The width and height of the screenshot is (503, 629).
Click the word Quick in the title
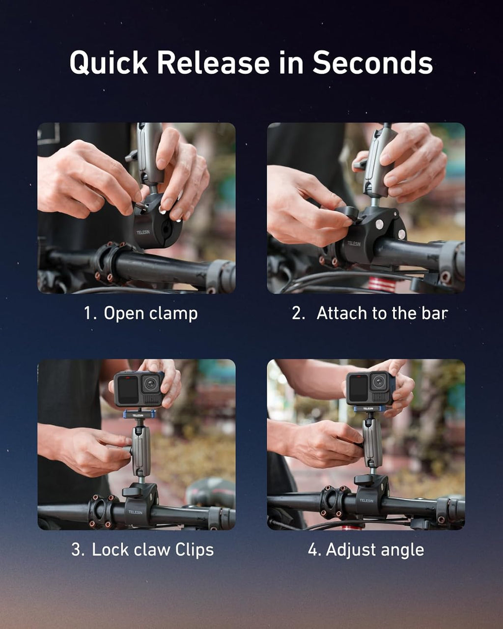pos(108,63)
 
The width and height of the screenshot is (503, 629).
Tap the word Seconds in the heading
pos(372,63)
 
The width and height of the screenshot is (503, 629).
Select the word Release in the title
pos(213,63)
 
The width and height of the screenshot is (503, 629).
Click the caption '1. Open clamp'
pos(141,313)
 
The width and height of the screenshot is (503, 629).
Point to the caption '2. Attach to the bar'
pos(369,313)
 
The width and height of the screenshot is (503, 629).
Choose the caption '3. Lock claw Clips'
pos(142,549)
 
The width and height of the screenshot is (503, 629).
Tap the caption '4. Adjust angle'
pos(366,549)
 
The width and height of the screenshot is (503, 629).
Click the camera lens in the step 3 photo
pos(151,383)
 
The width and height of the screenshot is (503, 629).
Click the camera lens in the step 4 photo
pos(379,381)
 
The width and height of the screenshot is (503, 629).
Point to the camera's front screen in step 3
pos(127,388)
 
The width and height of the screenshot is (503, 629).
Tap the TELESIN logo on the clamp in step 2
pos(354,243)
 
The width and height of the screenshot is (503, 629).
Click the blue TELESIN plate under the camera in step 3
pos(140,414)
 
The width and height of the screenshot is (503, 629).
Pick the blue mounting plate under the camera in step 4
pos(368,408)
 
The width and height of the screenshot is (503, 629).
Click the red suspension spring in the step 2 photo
pos(382,285)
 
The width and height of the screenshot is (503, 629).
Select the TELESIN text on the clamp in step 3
pos(136,512)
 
